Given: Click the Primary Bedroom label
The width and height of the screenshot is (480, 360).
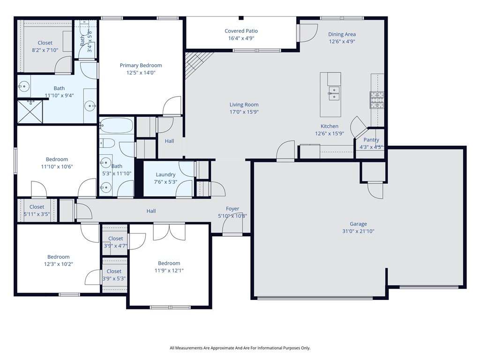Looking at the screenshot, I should [x=141, y=66].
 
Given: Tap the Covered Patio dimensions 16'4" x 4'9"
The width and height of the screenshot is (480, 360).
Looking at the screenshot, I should [x=241, y=38].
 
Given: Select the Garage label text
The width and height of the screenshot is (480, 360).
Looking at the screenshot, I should [x=358, y=224].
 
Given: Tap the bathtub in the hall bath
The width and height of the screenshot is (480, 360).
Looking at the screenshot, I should [x=117, y=125].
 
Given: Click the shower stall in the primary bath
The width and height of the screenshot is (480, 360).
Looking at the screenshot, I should [x=30, y=112].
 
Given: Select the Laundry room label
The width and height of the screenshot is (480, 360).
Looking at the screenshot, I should [x=165, y=174].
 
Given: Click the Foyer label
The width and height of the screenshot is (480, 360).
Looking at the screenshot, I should [x=232, y=209].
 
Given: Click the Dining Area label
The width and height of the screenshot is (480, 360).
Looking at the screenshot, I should [x=342, y=34].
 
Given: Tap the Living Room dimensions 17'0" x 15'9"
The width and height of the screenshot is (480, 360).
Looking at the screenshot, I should [x=244, y=112].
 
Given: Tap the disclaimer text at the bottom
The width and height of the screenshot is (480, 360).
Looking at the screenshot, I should [x=240, y=348].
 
